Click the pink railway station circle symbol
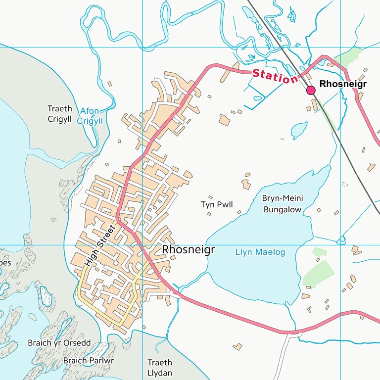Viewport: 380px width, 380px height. point(311,90)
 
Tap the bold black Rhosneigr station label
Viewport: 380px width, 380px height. point(343,84)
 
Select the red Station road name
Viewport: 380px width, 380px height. point(275,76)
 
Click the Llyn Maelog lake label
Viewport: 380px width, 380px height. point(260,252)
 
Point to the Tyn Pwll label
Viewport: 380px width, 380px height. point(217,204)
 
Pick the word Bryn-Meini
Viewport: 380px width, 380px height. point(282,198)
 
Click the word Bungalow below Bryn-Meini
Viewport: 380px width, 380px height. point(282,210)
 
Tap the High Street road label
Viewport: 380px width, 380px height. point(99,246)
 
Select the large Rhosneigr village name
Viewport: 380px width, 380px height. point(189,250)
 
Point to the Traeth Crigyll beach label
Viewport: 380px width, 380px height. point(60,114)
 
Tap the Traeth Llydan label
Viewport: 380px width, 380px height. point(160,368)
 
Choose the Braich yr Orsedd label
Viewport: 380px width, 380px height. point(59,343)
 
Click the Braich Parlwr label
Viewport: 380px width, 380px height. point(89,361)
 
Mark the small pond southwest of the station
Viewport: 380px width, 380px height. point(299,131)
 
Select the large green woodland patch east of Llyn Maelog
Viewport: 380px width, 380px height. point(319,274)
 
